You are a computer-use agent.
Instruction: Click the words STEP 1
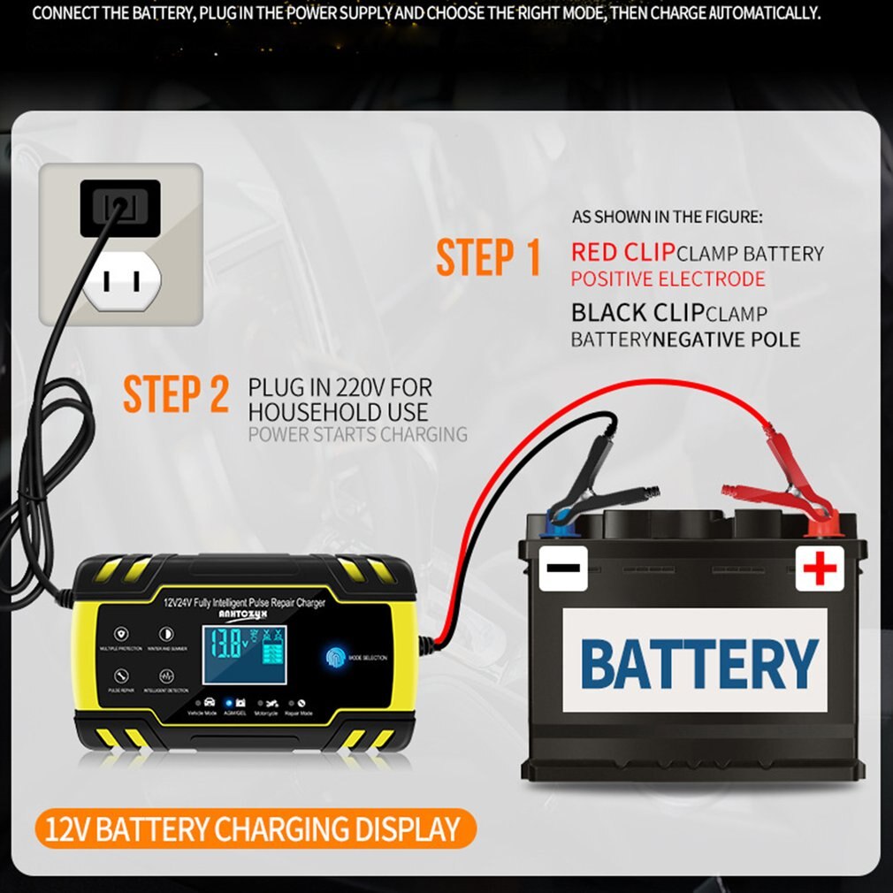click(x=488, y=257)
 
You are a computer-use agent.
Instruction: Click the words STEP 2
click(x=176, y=394)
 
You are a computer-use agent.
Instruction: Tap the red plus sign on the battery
click(x=820, y=569)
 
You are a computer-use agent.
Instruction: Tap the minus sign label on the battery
click(x=563, y=567)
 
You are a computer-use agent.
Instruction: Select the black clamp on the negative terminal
click(x=597, y=482)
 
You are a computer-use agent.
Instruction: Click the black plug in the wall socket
click(x=120, y=208)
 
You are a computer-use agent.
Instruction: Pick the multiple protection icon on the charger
click(x=121, y=634)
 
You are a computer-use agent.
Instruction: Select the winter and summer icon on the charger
click(x=165, y=634)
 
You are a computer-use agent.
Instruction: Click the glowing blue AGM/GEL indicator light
click(x=240, y=703)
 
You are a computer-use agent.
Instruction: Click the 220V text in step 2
click(x=365, y=387)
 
